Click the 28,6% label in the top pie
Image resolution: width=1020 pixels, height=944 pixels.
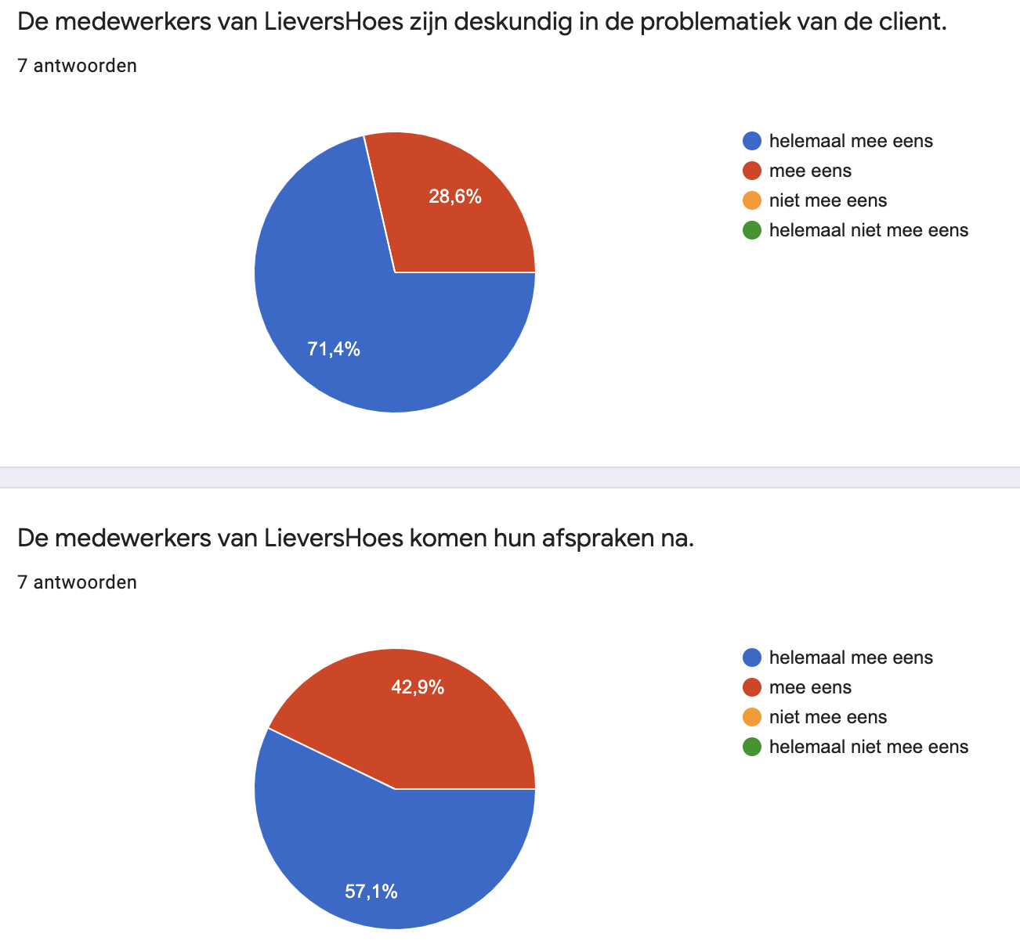pos(454,197)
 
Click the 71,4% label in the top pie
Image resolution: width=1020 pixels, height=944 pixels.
pos(334,350)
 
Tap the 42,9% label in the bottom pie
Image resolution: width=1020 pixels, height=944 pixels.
pos(418,687)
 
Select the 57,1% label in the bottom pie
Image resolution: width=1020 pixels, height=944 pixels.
pos(371,891)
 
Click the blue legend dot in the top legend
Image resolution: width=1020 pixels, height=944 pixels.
pos(751,141)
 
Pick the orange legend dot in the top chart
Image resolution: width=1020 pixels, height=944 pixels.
pos(751,200)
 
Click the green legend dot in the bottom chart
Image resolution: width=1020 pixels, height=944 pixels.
pos(751,747)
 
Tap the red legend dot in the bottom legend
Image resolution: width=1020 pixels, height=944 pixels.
pos(751,687)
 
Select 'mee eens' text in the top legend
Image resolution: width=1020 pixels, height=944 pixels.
pos(810,171)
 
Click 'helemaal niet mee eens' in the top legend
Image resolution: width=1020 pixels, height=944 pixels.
pos(869,230)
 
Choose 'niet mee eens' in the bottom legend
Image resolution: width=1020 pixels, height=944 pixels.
pos(828,717)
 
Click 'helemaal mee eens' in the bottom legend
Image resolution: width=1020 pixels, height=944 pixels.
pos(851,658)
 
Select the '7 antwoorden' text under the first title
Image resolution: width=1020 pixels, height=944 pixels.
pos(77,66)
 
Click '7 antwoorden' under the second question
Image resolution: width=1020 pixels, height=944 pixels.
pos(77,582)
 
